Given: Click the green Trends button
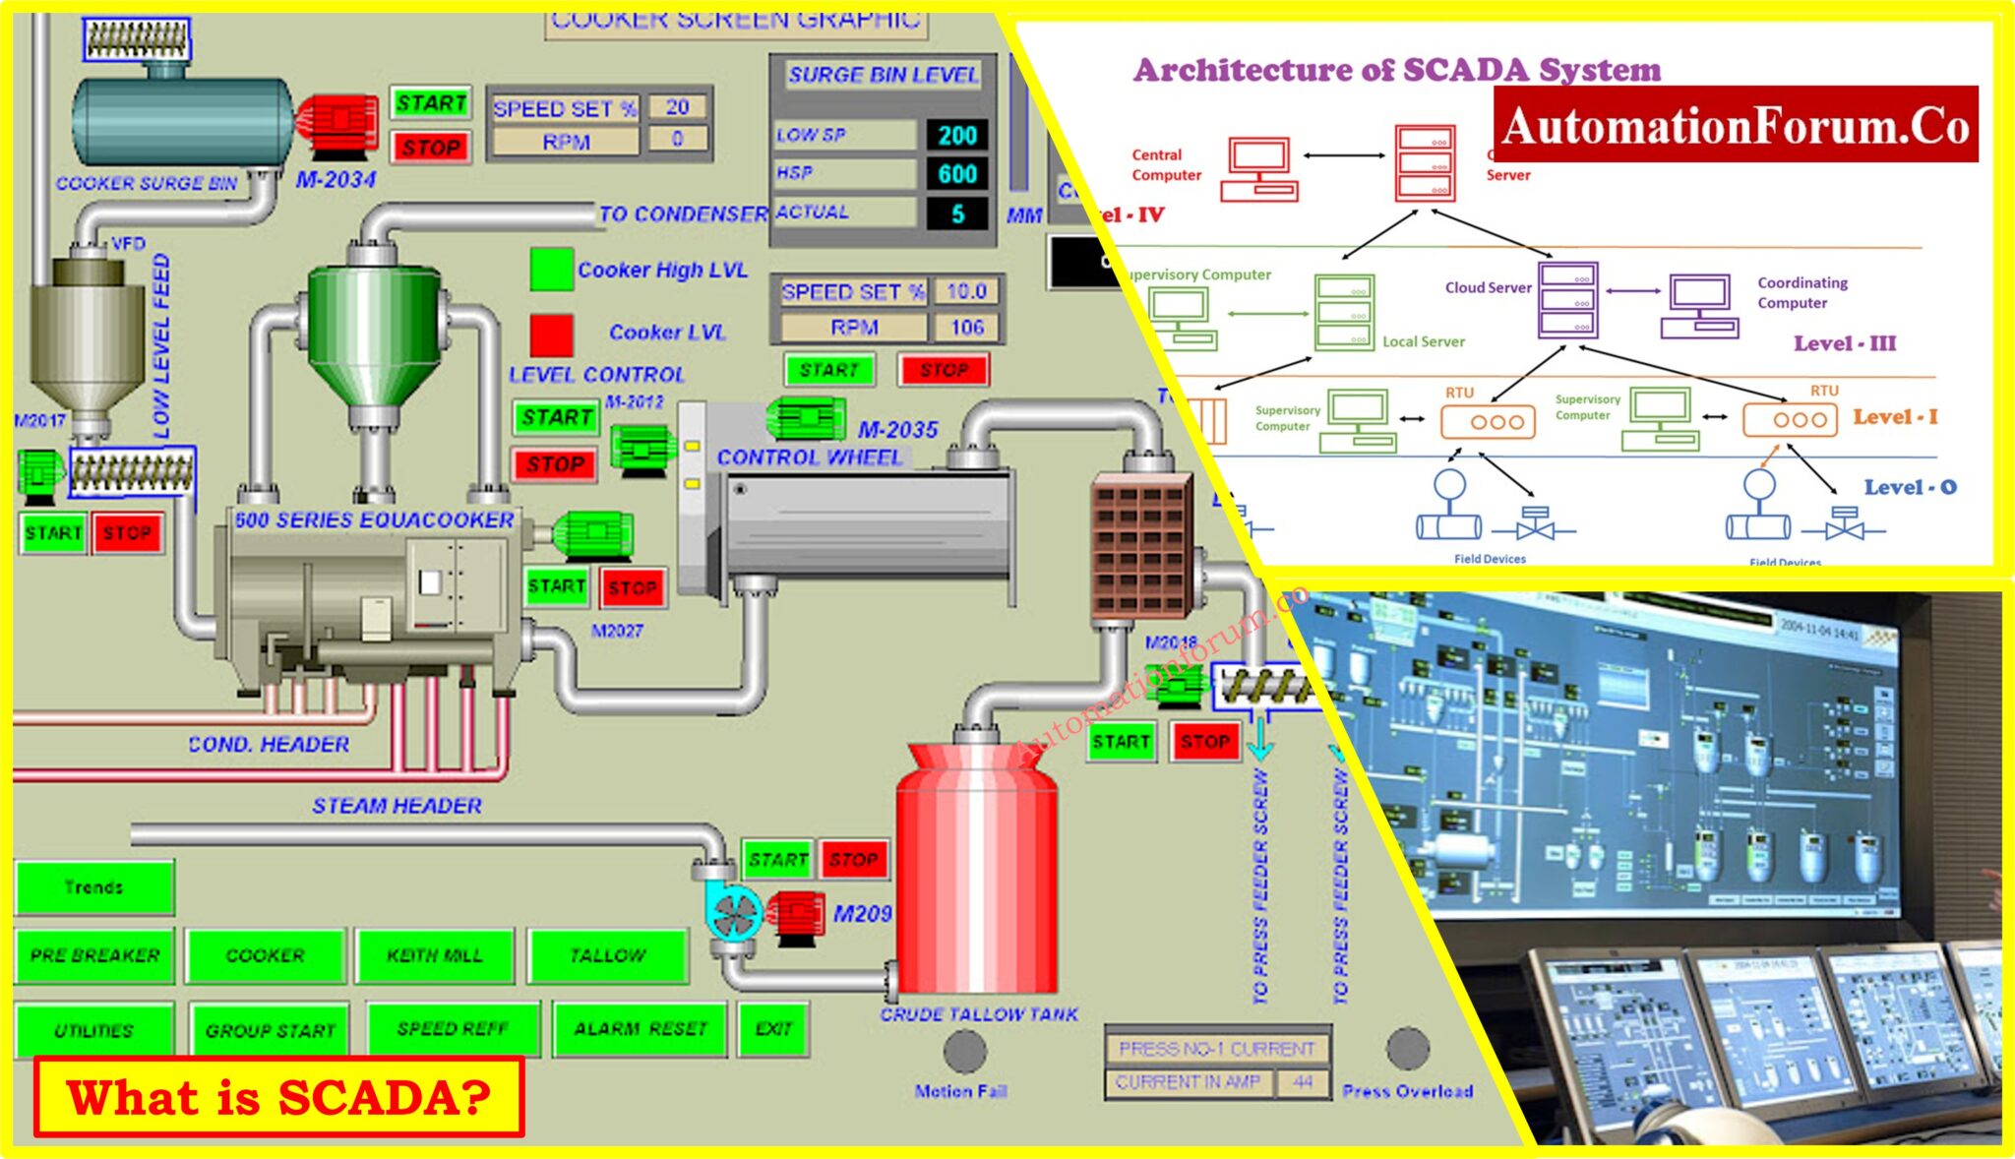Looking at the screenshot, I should pyautogui.click(x=94, y=887).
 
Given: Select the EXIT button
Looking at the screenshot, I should pyautogui.click(x=774, y=1029).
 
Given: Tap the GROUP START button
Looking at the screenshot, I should pyautogui.click(x=271, y=1030).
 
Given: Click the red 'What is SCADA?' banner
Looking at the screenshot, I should pyautogui.click(x=279, y=1097).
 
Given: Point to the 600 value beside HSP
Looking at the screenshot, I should pyautogui.click(x=957, y=174).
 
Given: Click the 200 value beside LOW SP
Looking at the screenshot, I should pyautogui.click(x=957, y=135).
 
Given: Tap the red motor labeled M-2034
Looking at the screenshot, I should pyautogui.click(x=337, y=125).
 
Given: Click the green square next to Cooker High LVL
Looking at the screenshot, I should pyautogui.click(x=552, y=270).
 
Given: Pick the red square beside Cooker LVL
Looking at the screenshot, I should pyautogui.click(x=552, y=335).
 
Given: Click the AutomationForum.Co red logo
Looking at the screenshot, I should pyautogui.click(x=1736, y=125).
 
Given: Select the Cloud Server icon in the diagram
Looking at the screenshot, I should pyautogui.click(x=1567, y=299).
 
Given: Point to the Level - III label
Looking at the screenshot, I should pyautogui.click(x=1844, y=343).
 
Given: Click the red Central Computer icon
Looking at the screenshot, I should pyautogui.click(x=1258, y=169).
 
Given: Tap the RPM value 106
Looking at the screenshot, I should pyautogui.click(x=967, y=328).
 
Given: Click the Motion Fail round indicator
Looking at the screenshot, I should pyautogui.click(x=964, y=1052).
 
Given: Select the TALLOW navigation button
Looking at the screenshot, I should pyautogui.click(x=608, y=955).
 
